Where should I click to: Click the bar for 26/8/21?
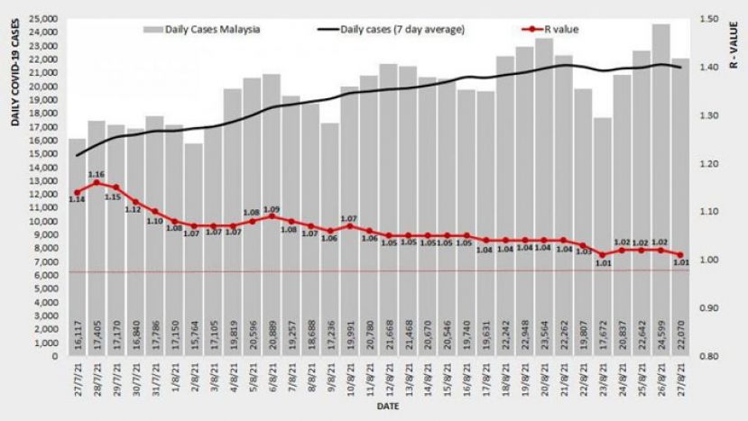tap(660, 189)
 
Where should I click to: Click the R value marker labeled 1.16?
tap(97, 183)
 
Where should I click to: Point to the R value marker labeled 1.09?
tap(272, 216)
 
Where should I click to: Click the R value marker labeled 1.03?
tap(583, 245)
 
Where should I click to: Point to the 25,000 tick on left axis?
tap(44, 18)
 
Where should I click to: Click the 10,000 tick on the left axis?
tap(44, 221)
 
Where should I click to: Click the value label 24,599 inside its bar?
tap(660, 340)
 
